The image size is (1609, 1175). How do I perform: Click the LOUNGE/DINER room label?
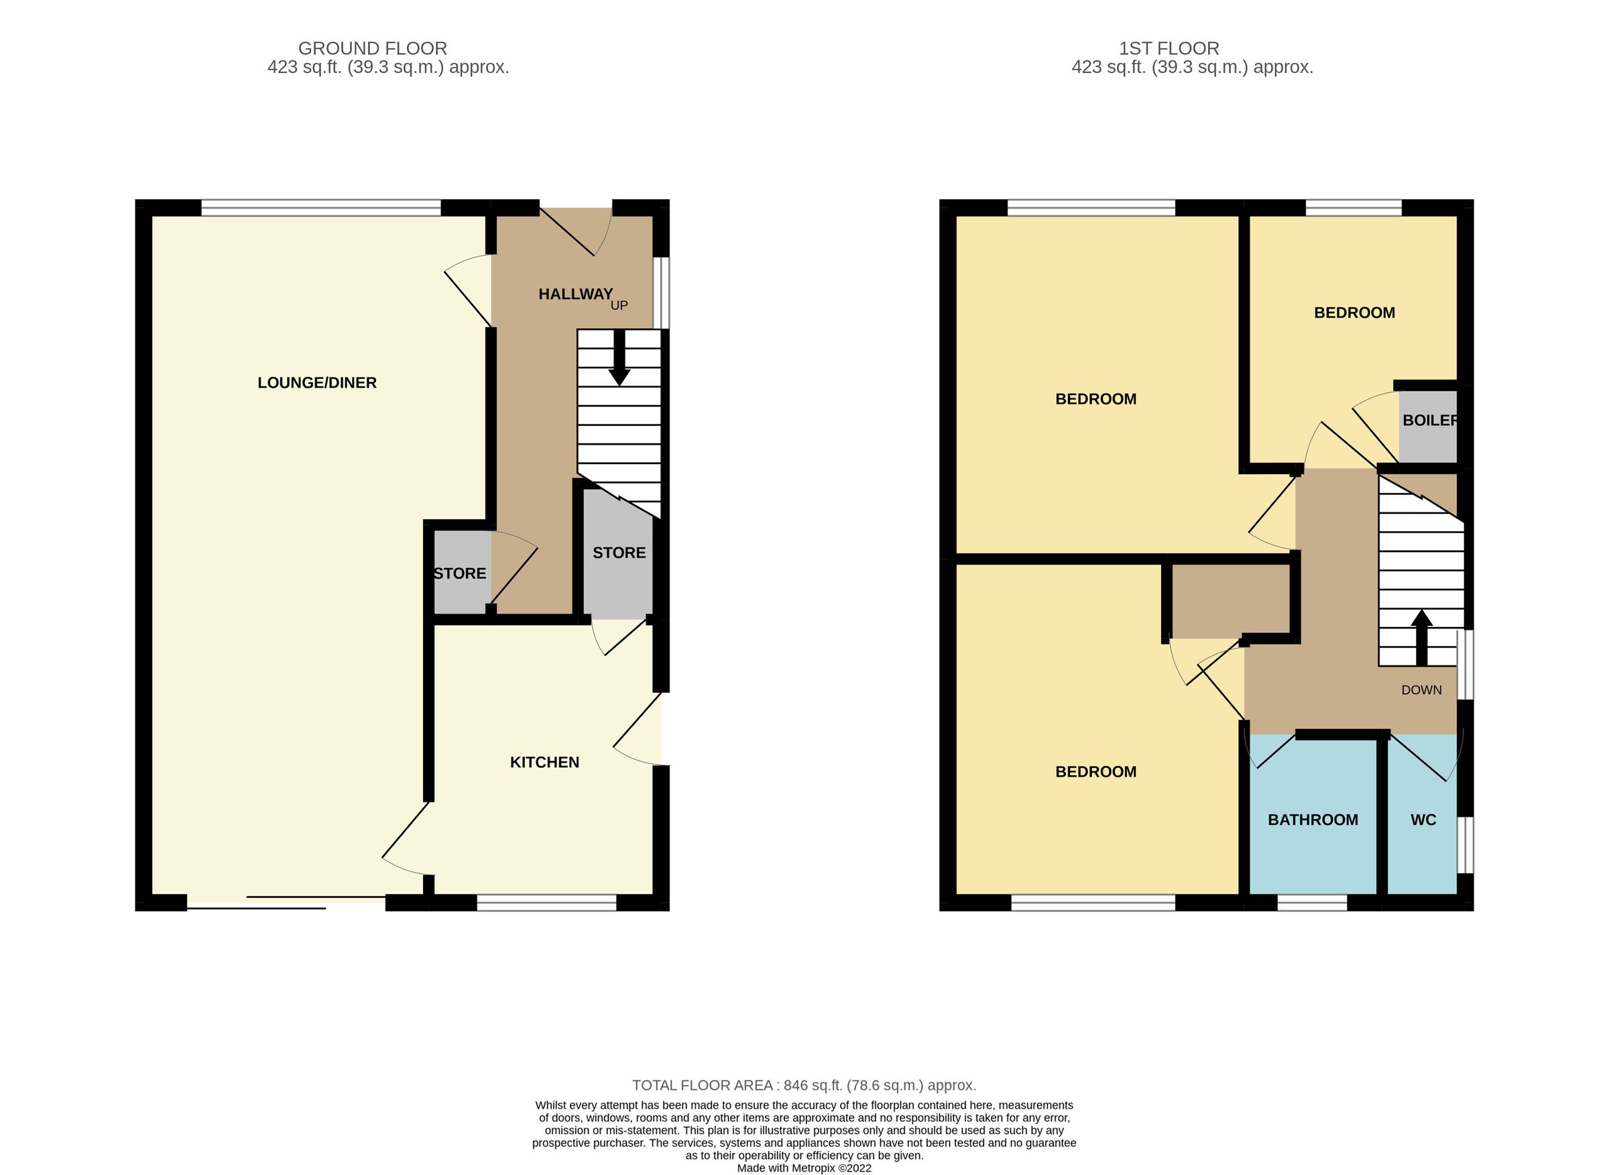tap(316, 383)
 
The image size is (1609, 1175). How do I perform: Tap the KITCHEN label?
tap(544, 763)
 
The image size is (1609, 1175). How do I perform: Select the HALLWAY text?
tap(575, 294)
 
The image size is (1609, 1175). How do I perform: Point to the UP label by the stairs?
tap(619, 306)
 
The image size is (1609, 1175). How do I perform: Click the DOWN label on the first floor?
tap(1421, 690)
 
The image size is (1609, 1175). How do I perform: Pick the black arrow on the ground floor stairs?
tap(619, 359)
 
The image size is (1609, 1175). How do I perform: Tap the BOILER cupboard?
tap(1428, 425)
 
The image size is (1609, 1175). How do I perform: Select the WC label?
tap(1423, 820)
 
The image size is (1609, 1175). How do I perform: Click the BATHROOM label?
tap(1313, 820)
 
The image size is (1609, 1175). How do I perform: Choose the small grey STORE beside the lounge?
tap(460, 574)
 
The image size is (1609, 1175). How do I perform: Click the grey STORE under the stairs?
tap(619, 553)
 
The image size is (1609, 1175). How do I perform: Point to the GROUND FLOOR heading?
tap(372, 48)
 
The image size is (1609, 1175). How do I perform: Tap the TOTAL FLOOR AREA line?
tap(803, 1085)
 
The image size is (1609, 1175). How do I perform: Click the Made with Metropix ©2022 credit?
tap(803, 1168)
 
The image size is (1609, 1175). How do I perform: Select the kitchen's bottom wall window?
tap(546, 903)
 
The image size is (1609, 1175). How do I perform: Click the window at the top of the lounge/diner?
tap(320, 208)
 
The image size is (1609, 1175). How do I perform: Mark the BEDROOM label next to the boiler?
tap(1354, 313)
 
